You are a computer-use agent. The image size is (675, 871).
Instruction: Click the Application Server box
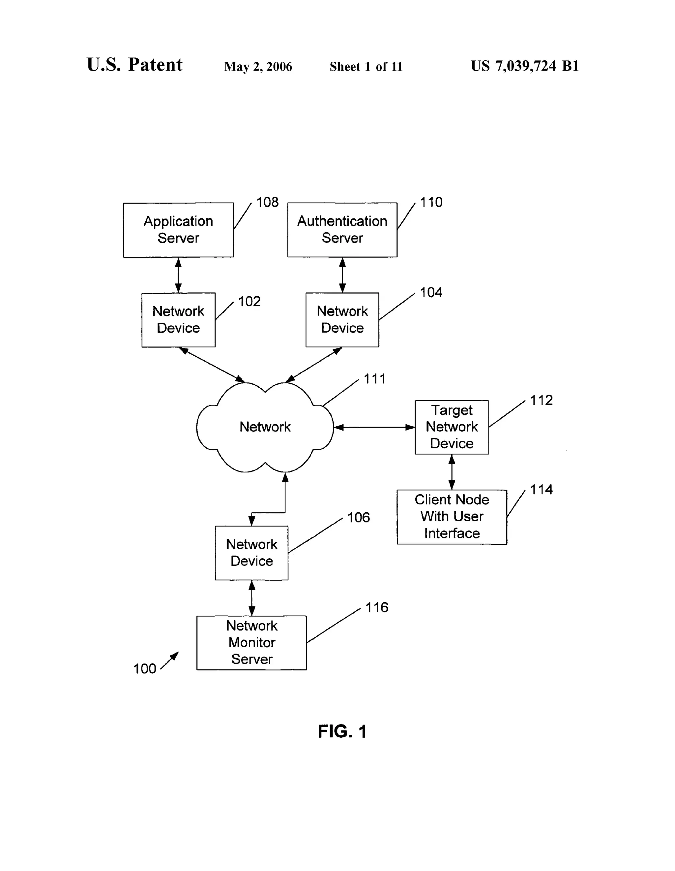[178, 230]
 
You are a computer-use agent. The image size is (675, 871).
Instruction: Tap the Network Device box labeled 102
[178, 319]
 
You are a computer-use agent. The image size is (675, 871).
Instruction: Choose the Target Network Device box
[452, 427]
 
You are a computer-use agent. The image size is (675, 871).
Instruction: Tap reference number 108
[267, 203]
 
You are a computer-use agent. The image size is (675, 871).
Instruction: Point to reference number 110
[431, 203]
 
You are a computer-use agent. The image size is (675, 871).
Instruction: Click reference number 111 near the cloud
[374, 379]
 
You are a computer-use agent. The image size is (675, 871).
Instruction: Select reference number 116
[376, 607]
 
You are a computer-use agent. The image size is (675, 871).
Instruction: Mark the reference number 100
[144, 669]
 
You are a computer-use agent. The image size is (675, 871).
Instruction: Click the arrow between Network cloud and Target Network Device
[374, 428]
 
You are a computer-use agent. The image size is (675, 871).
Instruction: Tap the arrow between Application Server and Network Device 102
[178, 275]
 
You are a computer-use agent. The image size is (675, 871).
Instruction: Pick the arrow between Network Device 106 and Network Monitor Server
[251, 598]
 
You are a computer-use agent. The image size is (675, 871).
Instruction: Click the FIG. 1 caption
[342, 732]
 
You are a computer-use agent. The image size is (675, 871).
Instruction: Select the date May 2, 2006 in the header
[258, 67]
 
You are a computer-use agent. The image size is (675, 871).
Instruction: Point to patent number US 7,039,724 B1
[524, 66]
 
